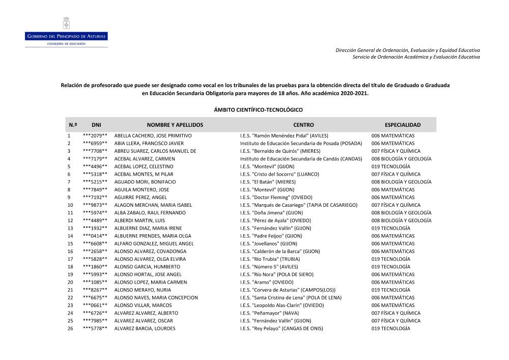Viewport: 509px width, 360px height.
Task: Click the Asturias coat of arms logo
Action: [66, 23]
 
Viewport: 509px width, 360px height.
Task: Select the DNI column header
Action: [96, 125]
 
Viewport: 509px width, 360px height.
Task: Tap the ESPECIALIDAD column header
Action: [403, 125]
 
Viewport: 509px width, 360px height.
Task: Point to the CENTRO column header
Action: [303, 125]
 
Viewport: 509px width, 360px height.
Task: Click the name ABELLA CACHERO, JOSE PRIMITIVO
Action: [153, 136]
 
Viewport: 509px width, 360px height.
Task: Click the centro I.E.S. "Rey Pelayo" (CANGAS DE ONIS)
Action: [281, 329]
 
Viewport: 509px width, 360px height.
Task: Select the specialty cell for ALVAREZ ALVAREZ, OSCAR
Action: [396, 321]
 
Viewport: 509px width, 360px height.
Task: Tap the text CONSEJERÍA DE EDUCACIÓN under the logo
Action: [66, 44]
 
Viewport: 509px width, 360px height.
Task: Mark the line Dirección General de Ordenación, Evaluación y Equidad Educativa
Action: [407, 50]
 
